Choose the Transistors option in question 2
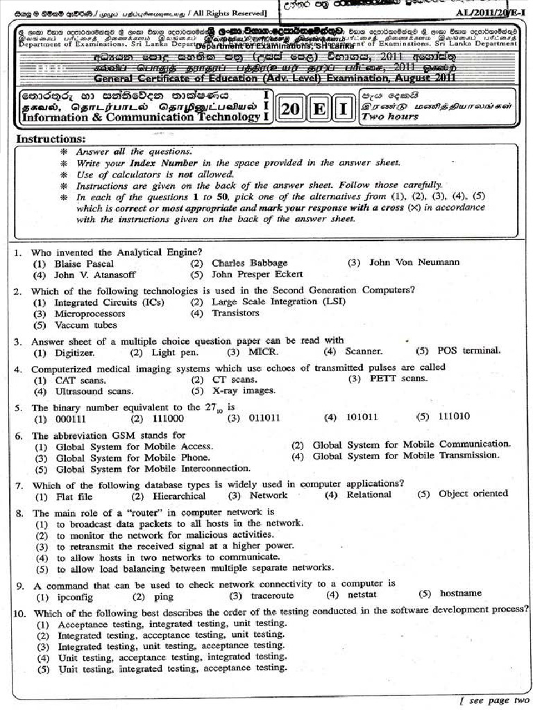(x=235, y=313)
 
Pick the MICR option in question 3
(x=263, y=352)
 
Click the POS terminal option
(x=469, y=350)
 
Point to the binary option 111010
(x=454, y=417)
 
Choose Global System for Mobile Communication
(x=411, y=444)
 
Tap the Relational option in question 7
(x=369, y=494)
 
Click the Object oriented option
(x=473, y=494)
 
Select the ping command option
(x=163, y=596)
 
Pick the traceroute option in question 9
(x=272, y=596)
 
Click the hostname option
(x=460, y=594)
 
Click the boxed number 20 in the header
(x=291, y=110)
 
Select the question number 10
(x=19, y=613)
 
